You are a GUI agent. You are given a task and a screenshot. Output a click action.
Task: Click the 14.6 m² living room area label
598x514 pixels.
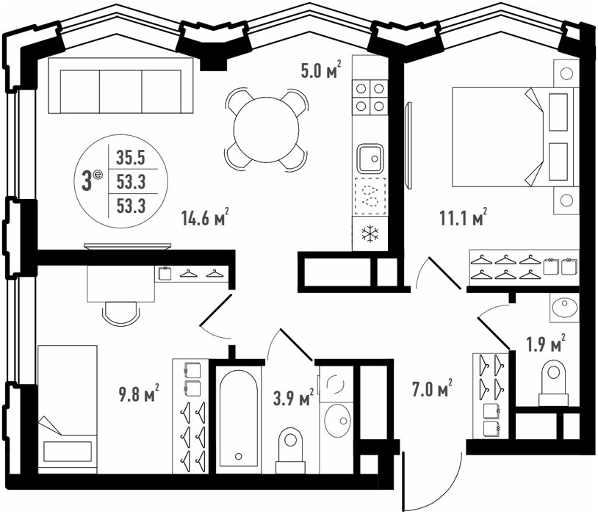[x=205, y=217]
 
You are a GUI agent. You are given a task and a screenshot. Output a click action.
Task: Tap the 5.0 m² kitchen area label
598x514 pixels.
[x=321, y=70]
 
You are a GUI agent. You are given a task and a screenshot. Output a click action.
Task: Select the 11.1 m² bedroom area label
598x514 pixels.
[x=464, y=217]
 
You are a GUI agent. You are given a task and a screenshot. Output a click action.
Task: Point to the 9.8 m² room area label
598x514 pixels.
[x=139, y=393]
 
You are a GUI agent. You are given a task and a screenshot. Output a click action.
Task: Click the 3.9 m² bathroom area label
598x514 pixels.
[x=293, y=397]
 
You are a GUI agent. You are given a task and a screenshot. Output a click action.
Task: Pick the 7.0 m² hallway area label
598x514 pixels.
[x=433, y=388]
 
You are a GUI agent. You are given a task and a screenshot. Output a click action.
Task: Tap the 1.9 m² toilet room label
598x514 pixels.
[x=546, y=344]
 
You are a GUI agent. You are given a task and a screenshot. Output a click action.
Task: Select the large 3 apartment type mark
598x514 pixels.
[x=87, y=181]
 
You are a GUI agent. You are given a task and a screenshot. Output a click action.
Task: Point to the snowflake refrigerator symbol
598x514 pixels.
[x=370, y=234]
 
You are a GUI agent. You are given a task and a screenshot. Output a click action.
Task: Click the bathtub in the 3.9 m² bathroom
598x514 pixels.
[x=238, y=416]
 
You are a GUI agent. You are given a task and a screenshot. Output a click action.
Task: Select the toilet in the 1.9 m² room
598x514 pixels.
[x=553, y=383]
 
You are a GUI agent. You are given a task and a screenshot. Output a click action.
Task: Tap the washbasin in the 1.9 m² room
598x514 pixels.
[x=565, y=307]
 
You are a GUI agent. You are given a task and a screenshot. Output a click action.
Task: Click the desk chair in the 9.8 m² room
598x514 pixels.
[x=120, y=314]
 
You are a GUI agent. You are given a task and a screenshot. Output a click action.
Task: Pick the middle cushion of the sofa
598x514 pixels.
[x=121, y=92]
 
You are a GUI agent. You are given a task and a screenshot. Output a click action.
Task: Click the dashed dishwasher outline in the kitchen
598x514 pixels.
[x=370, y=195]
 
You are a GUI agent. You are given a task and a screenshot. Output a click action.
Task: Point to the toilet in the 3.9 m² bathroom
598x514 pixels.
[x=290, y=450]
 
